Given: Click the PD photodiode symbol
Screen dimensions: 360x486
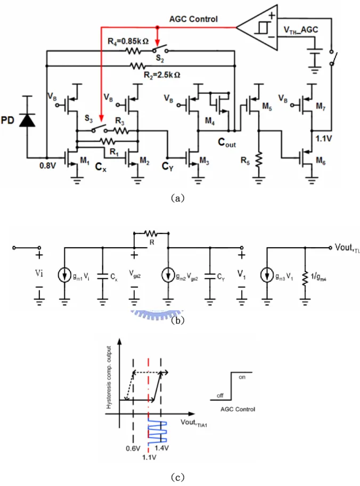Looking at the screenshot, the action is (x=27, y=120).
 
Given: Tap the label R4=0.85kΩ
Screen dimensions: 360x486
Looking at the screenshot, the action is (x=128, y=41).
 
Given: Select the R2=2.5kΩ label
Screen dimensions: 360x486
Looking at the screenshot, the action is (x=162, y=75).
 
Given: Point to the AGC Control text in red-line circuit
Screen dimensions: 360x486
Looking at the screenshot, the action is (x=193, y=19).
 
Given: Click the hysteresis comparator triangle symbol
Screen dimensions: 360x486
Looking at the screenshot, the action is (x=257, y=27).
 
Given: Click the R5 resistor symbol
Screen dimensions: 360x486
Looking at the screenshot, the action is (x=259, y=160).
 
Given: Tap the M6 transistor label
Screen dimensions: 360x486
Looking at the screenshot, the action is (x=321, y=160).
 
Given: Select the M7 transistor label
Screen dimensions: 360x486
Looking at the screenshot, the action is (x=321, y=107).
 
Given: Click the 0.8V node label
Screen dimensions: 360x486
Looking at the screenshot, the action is (x=47, y=166).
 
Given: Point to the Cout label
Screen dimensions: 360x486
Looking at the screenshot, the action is (x=226, y=142).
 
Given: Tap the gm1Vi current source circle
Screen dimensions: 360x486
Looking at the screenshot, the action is (x=64, y=275).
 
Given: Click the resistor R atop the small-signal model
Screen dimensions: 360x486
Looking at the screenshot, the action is (x=151, y=233).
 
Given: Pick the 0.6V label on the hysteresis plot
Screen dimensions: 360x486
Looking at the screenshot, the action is (x=133, y=449).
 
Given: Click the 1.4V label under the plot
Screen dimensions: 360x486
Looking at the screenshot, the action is (x=162, y=448).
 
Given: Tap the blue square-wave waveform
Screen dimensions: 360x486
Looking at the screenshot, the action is (x=158, y=431).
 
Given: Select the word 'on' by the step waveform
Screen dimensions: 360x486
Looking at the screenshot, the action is (x=242, y=377).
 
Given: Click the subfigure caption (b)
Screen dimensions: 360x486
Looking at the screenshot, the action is (x=177, y=320).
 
